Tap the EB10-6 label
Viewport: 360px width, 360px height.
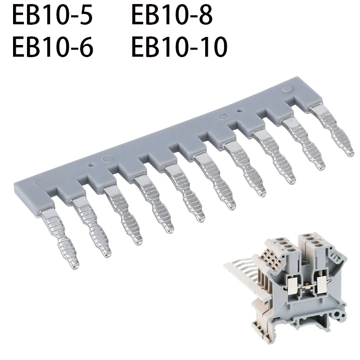click(x=52, y=47)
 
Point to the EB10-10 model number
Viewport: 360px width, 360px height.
click(x=179, y=47)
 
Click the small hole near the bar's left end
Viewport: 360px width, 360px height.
click(x=91, y=165)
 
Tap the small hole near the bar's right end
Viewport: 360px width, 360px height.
click(x=239, y=110)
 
